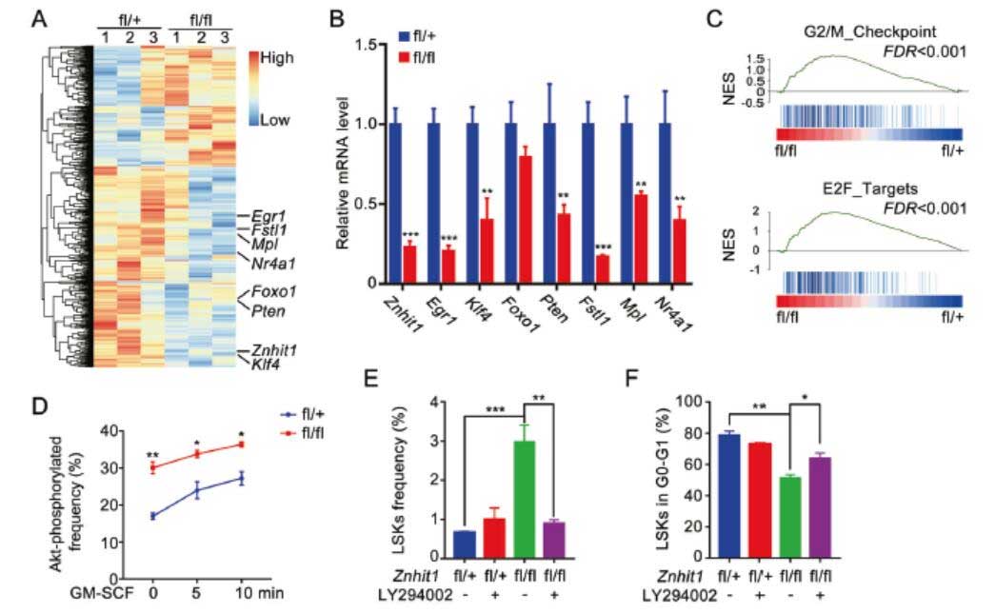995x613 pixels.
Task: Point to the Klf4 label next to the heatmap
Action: click(265, 363)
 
